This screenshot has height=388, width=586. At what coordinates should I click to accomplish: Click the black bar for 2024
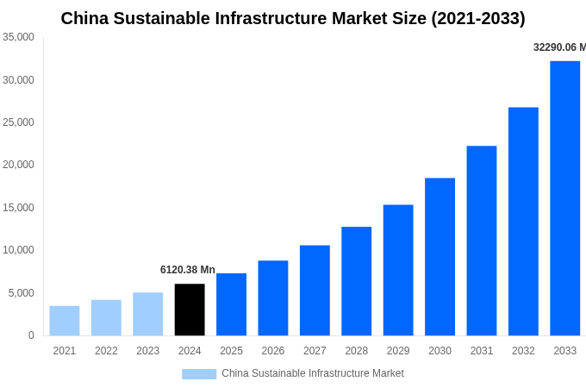[190, 310]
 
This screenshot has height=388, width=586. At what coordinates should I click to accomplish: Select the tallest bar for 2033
[564, 198]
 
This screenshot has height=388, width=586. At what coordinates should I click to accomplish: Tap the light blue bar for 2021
[65, 321]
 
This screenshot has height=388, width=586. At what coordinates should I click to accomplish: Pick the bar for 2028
[356, 281]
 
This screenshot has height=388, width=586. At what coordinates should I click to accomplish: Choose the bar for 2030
[439, 257]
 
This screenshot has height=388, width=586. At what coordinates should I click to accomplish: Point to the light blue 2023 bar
[147, 314]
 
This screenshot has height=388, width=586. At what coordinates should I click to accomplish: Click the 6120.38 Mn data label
[188, 270]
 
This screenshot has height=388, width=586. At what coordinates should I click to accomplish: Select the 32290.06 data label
[558, 47]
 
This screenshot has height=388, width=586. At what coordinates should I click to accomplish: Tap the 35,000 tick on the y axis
[19, 37]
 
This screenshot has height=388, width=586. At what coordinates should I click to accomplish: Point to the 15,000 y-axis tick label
[19, 208]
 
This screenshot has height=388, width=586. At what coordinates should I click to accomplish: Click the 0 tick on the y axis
[31, 335]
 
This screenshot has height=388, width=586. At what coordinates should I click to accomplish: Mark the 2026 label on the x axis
[272, 351]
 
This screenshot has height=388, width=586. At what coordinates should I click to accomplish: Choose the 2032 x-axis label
[523, 351]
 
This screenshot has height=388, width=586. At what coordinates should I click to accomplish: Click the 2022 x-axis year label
[106, 351]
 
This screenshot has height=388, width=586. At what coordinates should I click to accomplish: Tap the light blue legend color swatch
[199, 373]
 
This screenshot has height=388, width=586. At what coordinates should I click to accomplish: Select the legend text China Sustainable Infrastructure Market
[312, 373]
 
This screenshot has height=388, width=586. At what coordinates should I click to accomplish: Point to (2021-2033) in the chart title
[478, 18]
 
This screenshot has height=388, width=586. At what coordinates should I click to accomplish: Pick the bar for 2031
[482, 241]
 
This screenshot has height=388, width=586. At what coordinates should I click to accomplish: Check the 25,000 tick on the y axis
[19, 122]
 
